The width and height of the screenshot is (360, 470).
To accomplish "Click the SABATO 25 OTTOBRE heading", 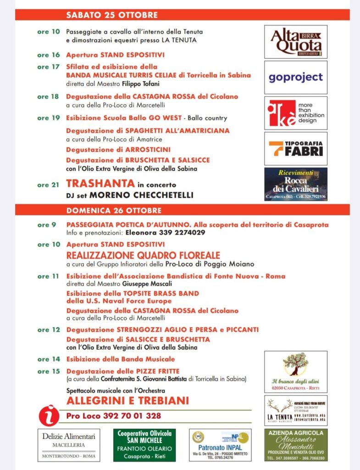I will pyautogui.click(x=111, y=15).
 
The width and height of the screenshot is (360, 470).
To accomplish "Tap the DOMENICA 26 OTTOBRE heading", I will pyautogui.click(x=114, y=211).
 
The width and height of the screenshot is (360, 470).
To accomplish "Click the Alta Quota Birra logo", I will pyautogui.click(x=296, y=42).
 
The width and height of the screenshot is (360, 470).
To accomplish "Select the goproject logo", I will pyautogui.click(x=296, y=77).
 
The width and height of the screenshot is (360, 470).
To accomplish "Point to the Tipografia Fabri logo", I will pyautogui.click(x=296, y=148).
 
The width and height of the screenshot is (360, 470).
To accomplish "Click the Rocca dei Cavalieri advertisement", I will pyautogui.click(x=296, y=184).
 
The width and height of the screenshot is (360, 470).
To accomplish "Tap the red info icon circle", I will pyautogui.click(x=50, y=415).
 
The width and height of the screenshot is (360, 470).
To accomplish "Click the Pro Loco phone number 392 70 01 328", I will pyautogui.click(x=114, y=416).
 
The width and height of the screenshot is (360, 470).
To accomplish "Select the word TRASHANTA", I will pyautogui.click(x=100, y=184).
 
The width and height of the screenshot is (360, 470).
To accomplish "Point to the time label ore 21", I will pyautogui.click(x=49, y=185).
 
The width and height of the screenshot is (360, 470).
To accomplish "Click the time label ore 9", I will pyautogui.click(x=47, y=225).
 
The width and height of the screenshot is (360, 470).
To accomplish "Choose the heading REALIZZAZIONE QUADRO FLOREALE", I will pyautogui.click(x=143, y=255).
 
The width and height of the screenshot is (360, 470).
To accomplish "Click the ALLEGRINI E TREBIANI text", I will pyautogui.click(x=127, y=401).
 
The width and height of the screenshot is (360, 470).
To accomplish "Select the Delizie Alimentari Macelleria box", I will pyautogui.click(x=69, y=445).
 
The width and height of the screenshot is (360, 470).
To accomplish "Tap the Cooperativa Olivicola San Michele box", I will pyautogui.click(x=144, y=445).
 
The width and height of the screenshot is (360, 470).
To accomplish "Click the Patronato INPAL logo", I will pyautogui.click(x=220, y=445).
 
